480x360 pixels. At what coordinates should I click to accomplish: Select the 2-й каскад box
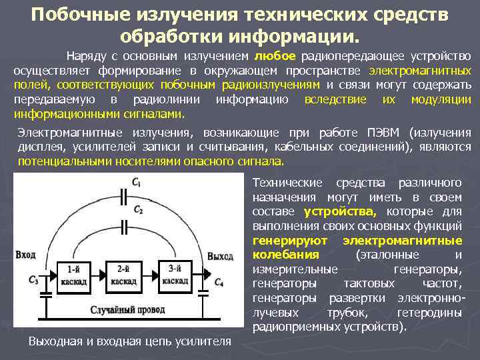point(123,275)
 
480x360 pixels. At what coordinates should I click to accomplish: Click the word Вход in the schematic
point(25,255)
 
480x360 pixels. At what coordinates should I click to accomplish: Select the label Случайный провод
point(127,310)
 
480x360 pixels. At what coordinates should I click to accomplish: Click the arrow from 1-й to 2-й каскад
point(99,275)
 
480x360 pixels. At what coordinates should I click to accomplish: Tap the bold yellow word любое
point(275,56)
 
